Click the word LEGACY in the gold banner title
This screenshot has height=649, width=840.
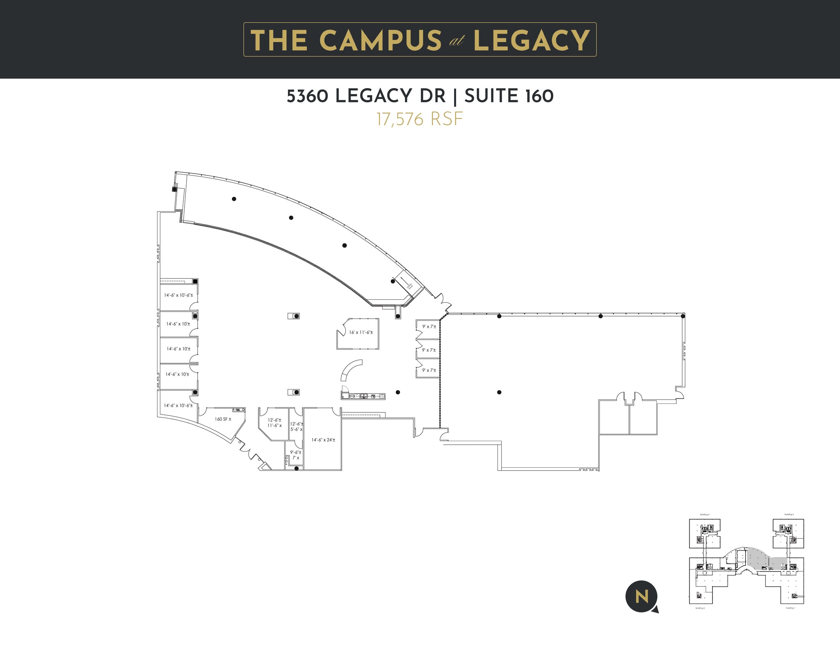click(532, 40)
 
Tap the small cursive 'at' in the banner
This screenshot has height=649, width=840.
click(457, 42)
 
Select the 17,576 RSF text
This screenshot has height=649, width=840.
click(420, 119)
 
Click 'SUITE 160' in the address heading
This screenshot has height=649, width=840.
click(509, 96)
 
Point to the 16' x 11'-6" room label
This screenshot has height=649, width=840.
click(361, 332)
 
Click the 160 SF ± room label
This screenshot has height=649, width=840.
click(223, 419)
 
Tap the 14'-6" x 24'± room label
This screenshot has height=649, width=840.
click(323, 440)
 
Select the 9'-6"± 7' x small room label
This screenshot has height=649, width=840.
click(295, 455)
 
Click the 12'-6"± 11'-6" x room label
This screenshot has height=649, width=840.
click(274, 423)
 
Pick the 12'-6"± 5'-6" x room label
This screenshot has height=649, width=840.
click(296, 426)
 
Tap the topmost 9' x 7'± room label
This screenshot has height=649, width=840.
click(429, 327)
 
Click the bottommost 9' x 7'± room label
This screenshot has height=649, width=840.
click(429, 370)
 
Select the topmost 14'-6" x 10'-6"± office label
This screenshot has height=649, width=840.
click(178, 295)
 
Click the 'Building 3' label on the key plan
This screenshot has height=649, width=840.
click(705, 514)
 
